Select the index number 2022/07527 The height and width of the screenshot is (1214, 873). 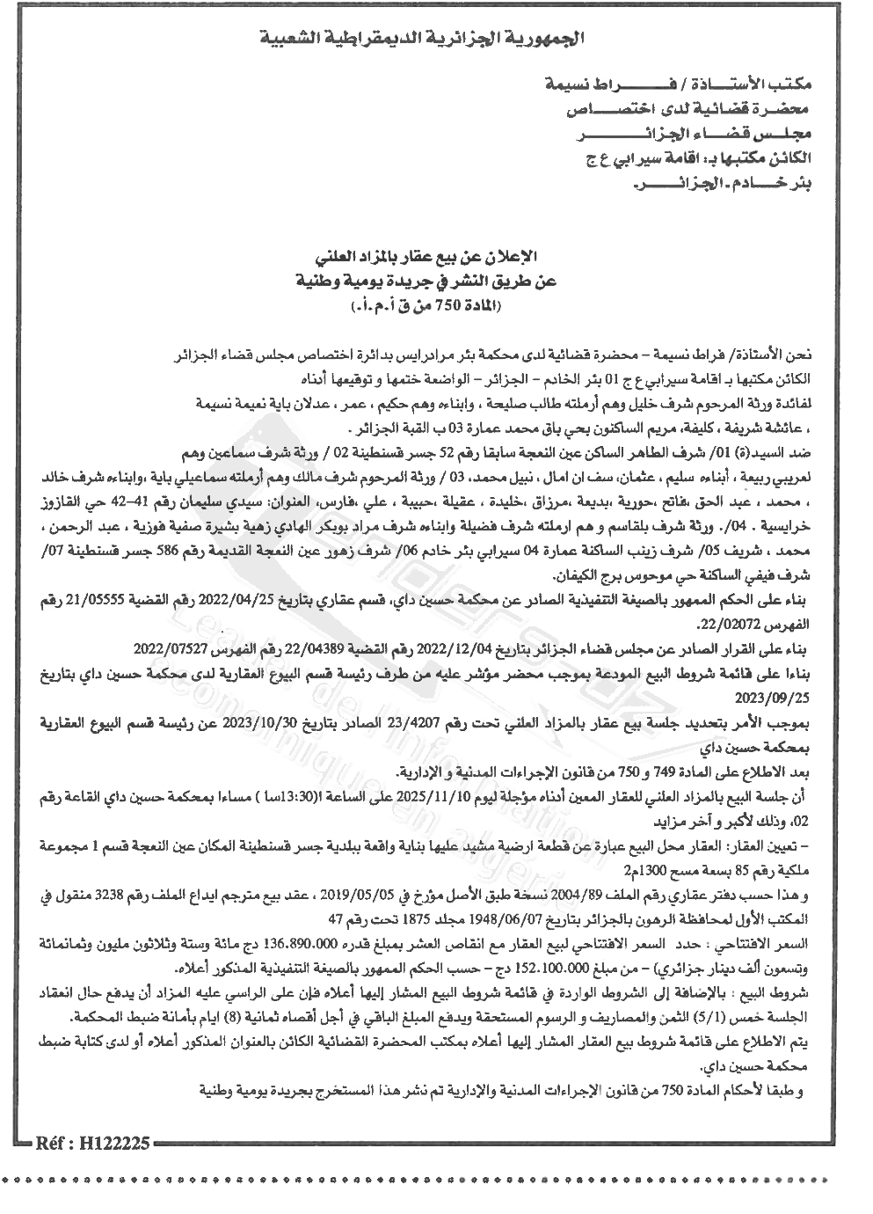click(168, 648)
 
